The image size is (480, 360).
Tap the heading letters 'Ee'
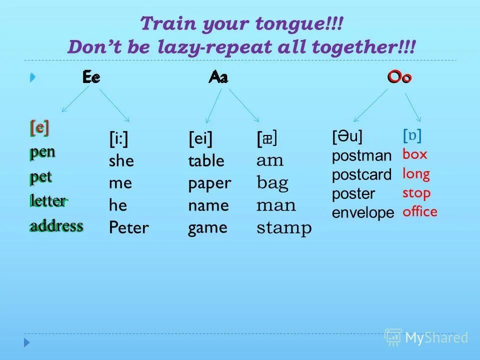tap(91, 77)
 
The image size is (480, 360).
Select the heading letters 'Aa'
tap(218, 77)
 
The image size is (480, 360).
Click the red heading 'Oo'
tap(399, 77)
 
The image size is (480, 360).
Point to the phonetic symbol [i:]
tap(118, 138)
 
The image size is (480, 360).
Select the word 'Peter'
tap(128, 228)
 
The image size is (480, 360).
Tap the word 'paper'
tap(209, 183)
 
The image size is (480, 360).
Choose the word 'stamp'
tap(284, 228)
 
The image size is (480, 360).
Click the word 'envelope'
tap(363, 213)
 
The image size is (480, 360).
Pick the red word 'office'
tap(420, 212)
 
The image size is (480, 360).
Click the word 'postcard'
tap(361, 175)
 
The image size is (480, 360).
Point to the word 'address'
tap(56, 226)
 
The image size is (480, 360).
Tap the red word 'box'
tap(415, 154)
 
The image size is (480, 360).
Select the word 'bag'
tap(272, 183)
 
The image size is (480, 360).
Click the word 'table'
tap(206, 161)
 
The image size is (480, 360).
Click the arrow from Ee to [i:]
tap(114, 105)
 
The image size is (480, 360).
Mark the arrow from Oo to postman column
tap(370, 105)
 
